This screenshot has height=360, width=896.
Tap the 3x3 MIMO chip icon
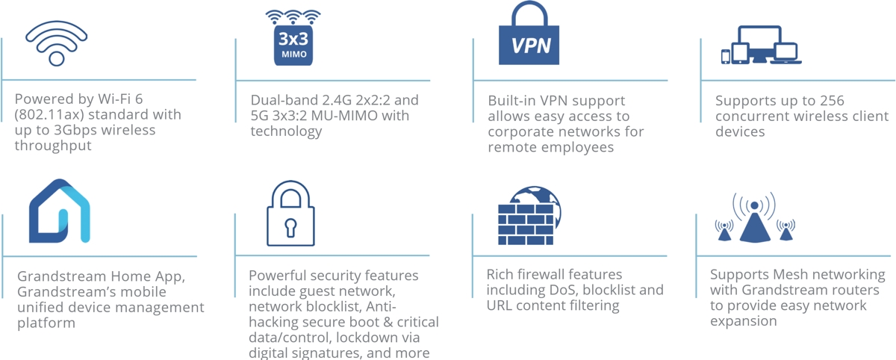(x=293, y=37)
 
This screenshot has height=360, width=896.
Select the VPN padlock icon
(x=529, y=33)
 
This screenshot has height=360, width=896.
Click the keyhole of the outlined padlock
(x=290, y=228)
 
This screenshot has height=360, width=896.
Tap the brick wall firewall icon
(x=529, y=216)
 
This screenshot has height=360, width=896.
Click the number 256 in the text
(x=830, y=100)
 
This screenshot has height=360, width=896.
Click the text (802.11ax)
(x=49, y=115)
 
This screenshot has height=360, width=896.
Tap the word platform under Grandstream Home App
(x=46, y=323)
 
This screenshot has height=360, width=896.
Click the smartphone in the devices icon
(x=725, y=57)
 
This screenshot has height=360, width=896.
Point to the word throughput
(x=53, y=146)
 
